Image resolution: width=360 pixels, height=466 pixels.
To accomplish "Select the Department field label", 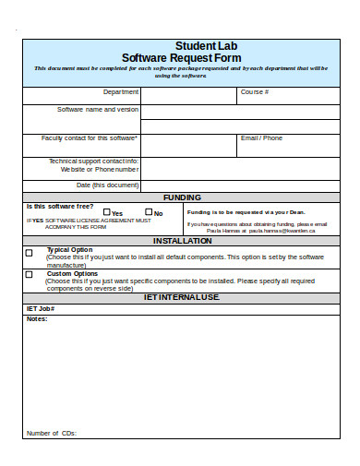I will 121,92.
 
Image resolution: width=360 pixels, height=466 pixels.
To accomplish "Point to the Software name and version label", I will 99,109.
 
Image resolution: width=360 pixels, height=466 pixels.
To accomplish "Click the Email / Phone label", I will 261,138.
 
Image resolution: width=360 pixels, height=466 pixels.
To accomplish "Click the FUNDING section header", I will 182,197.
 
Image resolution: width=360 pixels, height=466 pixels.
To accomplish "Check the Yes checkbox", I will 105,212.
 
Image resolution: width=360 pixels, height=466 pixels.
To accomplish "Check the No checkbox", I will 148,212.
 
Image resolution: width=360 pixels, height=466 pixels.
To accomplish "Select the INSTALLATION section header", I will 182,241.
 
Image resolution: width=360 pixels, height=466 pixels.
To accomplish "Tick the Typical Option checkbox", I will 29,252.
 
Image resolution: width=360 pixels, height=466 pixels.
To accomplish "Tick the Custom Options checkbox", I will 29,274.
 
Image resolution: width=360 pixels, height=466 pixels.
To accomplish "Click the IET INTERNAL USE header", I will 182,297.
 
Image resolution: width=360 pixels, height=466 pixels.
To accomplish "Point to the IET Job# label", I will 41,308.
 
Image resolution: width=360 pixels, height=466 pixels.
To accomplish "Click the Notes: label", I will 36,318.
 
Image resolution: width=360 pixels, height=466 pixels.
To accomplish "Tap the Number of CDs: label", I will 52,433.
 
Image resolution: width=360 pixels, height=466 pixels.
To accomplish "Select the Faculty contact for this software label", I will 90,138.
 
